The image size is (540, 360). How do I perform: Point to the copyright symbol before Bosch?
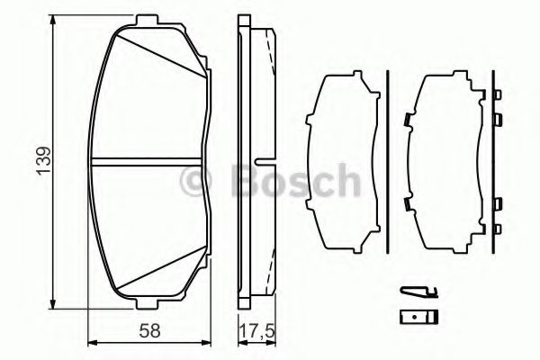point(193,181)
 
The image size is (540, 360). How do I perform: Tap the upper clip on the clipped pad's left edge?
point(408,119)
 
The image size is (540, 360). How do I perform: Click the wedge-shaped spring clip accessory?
point(417,291)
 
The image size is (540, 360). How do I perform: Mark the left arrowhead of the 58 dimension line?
point(93,341)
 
